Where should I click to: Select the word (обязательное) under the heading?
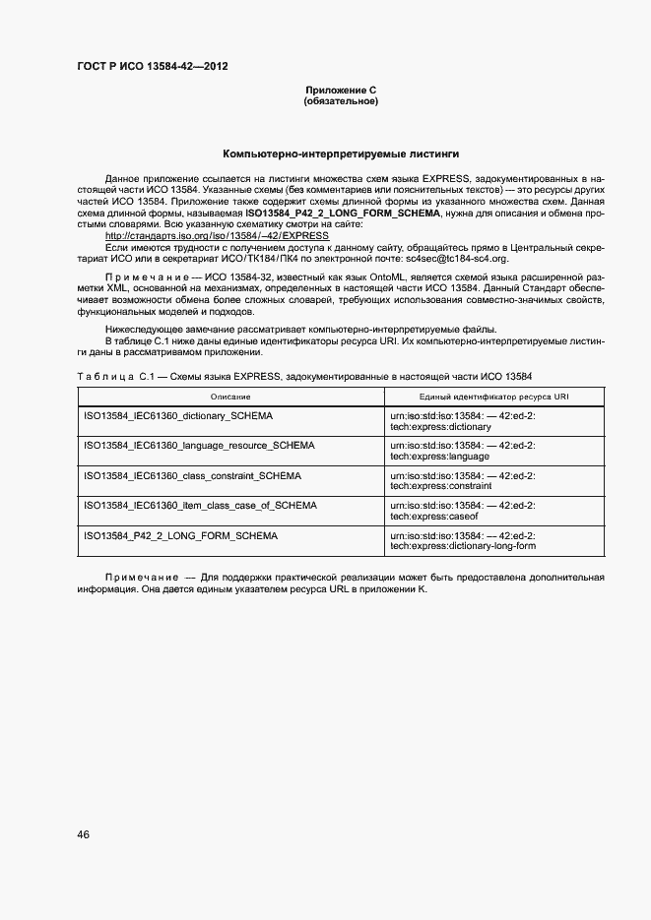pyautogui.click(x=341, y=100)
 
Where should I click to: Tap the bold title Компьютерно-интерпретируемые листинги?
pyautogui.click(x=341, y=153)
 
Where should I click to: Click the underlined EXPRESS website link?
pyautogui.click(x=217, y=236)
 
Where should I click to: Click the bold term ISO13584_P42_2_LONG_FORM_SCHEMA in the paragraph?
pyautogui.click(x=344, y=214)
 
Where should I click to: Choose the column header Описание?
pyautogui.click(x=229, y=397)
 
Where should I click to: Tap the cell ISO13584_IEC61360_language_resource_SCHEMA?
pyautogui.click(x=200, y=446)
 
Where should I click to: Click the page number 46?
pyautogui.click(x=84, y=834)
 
